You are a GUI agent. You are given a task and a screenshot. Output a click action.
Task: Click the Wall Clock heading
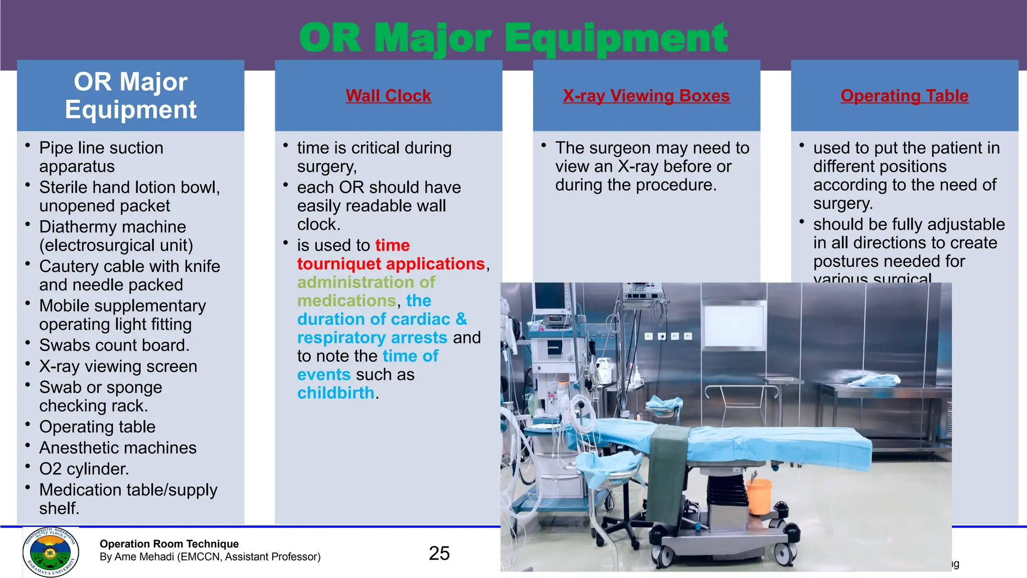(x=388, y=95)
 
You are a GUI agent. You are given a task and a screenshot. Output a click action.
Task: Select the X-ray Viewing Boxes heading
(x=646, y=95)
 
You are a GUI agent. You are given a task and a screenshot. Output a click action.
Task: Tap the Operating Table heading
(x=904, y=95)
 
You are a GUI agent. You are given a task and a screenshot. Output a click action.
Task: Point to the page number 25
(x=439, y=553)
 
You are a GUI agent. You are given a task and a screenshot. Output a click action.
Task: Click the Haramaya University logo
(x=51, y=552)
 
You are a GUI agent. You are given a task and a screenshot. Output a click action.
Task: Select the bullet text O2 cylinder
(x=84, y=469)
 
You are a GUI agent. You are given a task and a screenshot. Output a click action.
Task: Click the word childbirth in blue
(x=335, y=393)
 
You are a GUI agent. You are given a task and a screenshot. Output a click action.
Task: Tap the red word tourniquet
(x=339, y=264)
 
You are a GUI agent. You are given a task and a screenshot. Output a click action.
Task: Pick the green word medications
(x=347, y=301)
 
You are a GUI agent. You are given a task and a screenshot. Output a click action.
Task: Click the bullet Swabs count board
(x=114, y=345)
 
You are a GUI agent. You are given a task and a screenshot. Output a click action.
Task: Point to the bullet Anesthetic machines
(x=118, y=448)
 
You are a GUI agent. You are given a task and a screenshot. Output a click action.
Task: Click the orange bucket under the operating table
(x=759, y=496)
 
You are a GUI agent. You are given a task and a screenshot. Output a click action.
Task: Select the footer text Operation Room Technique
(x=169, y=544)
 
